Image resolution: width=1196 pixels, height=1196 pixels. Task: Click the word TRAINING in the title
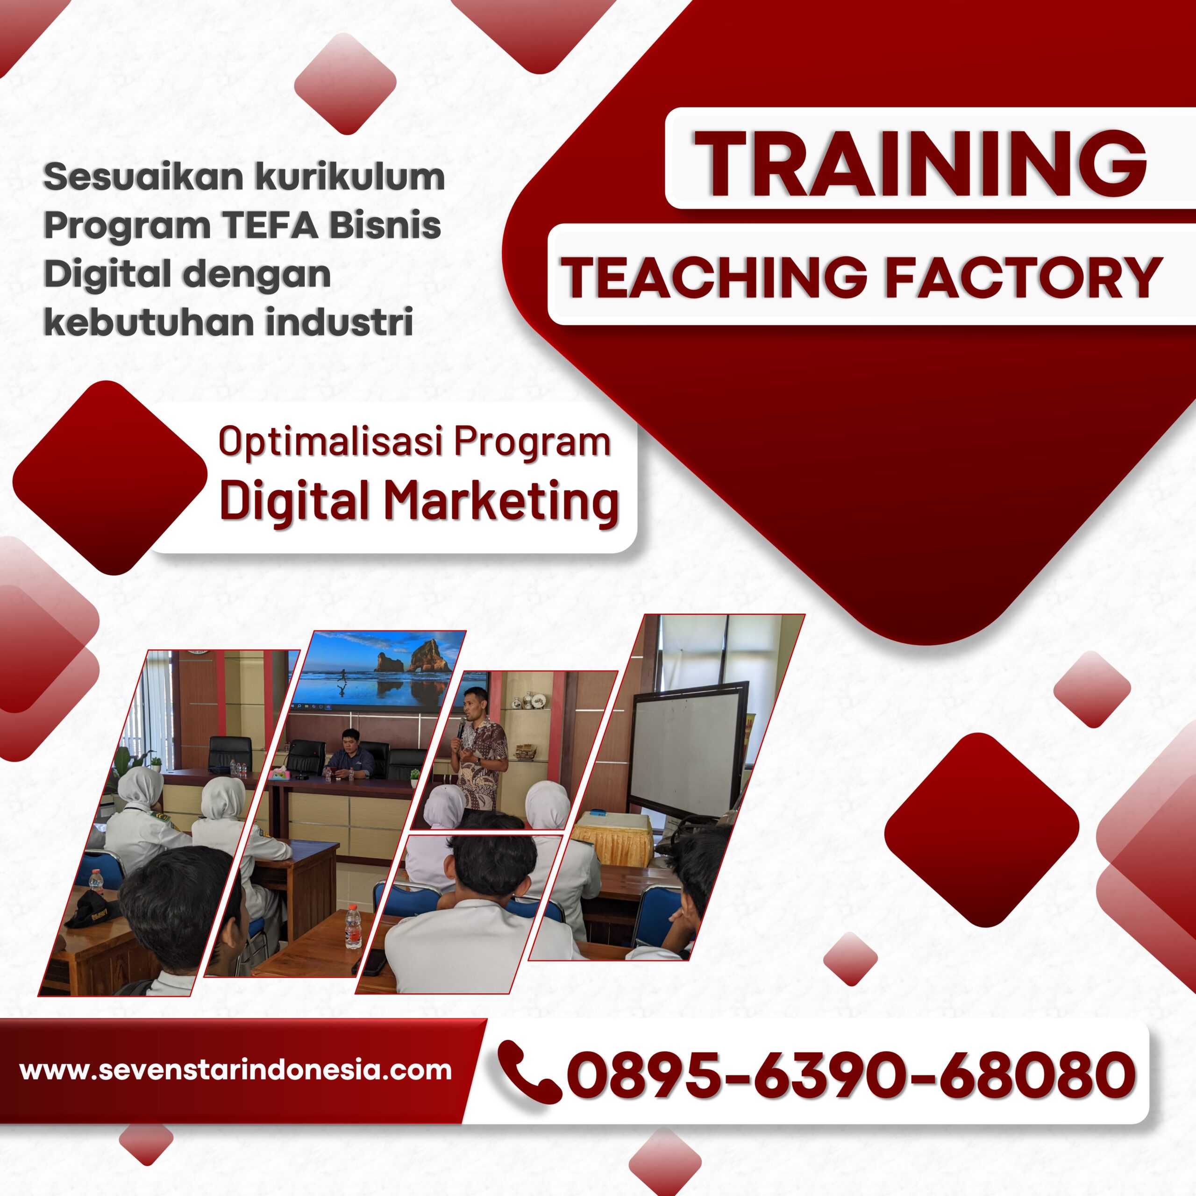920,164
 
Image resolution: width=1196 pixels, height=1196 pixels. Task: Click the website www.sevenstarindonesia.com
235,1070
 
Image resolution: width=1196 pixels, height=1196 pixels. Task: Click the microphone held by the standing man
461,727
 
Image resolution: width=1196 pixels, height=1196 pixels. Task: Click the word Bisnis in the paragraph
384,226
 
